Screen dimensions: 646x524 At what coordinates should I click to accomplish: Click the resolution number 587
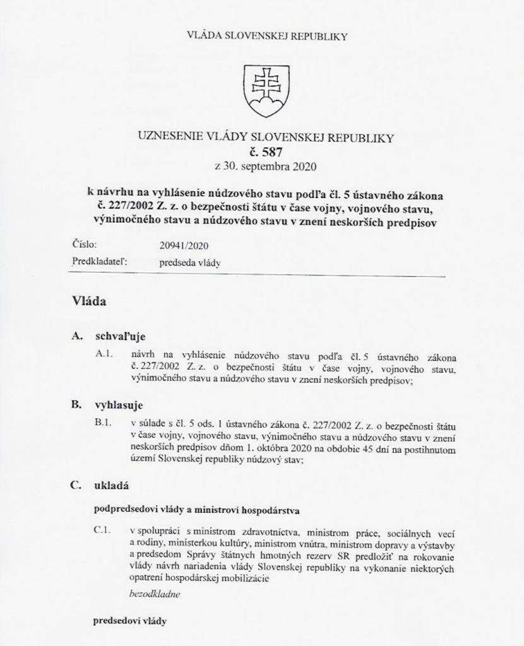click(266, 152)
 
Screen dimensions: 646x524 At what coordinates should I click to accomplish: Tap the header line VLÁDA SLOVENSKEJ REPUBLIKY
click(267, 36)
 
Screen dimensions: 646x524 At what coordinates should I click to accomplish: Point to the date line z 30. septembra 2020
click(265, 167)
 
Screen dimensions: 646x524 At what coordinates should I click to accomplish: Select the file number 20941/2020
click(184, 245)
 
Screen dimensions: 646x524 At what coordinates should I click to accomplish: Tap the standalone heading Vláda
click(88, 302)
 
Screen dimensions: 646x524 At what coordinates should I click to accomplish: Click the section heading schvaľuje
click(120, 336)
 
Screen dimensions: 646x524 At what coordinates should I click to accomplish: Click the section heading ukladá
click(114, 486)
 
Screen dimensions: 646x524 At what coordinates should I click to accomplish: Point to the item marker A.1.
click(104, 355)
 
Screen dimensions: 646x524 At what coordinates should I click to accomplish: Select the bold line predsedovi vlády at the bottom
click(130, 621)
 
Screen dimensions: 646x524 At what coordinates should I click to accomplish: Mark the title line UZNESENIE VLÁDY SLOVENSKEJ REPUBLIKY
click(265, 137)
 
